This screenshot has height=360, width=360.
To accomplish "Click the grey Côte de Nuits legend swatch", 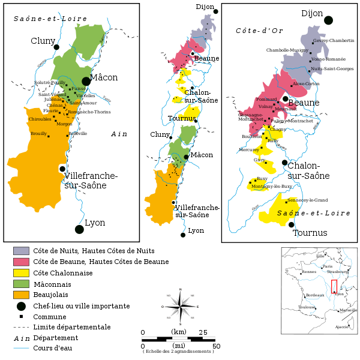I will (x=21, y=250).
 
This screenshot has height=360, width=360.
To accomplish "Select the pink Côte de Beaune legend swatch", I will (x=21, y=262).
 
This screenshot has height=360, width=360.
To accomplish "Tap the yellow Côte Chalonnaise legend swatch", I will (x=21, y=272).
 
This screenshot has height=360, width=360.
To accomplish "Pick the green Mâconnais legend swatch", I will (x=21, y=283).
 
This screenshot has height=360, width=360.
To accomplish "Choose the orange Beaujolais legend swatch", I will (x=21, y=295).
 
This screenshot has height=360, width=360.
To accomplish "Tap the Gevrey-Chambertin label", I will (x=334, y=40).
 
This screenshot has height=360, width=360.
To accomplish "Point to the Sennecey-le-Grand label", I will (x=307, y=200).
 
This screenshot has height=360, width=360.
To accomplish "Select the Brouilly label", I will (x=38, y=133).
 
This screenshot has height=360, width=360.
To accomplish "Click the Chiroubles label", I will (x=40, y=119).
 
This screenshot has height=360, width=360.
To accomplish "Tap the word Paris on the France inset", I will (x=327, y=266).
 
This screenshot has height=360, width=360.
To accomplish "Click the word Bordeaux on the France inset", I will (x=314, y=296).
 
